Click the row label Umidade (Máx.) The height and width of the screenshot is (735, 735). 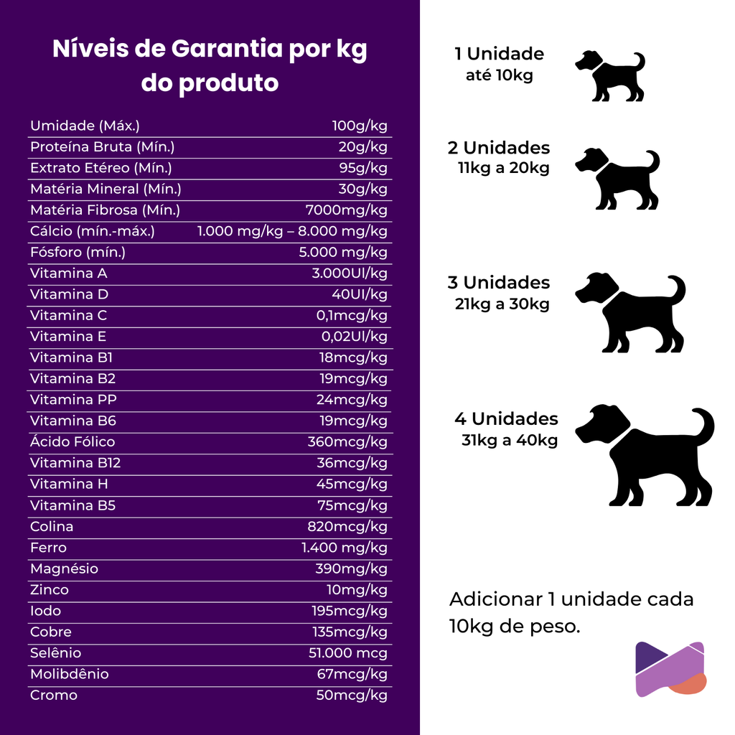pos(85,126)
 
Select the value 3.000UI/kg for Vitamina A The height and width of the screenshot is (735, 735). pos(350,273)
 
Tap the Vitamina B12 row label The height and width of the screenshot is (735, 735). pos(75,463)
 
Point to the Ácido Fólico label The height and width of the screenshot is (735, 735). pos(72,442)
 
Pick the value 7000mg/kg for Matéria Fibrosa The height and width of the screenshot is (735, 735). pos(346,210)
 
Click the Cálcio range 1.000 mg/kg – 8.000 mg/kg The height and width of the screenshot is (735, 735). pos(292,231)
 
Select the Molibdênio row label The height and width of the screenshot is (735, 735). pos(70,674)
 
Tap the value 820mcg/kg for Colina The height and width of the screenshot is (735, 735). pos(347,527)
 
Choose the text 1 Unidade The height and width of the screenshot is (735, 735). pos(500,54)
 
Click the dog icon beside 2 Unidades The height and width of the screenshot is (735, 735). pos(617,179)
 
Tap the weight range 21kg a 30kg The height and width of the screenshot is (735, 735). pos(502,304)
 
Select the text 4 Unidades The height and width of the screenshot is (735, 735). pos(506,418)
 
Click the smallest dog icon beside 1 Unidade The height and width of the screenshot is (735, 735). pos(610,75)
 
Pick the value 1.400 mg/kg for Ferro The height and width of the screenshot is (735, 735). pos(345,548)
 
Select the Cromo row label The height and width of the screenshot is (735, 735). pos(54,695)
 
